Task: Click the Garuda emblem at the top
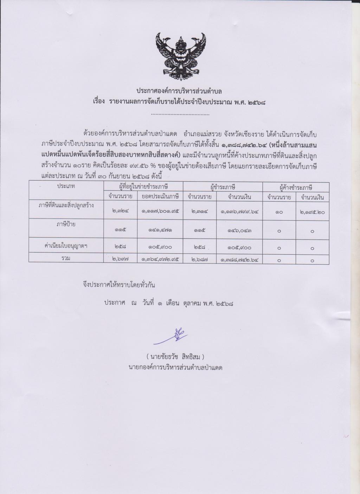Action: coord(180,56)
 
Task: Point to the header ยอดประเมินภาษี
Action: coord(160,197)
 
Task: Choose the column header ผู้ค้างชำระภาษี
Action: coord(296,187)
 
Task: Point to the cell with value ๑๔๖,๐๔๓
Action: coord(239,230)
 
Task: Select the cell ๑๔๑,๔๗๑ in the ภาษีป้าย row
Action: coord(160,230)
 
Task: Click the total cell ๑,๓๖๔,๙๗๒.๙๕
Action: coord(160,260)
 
